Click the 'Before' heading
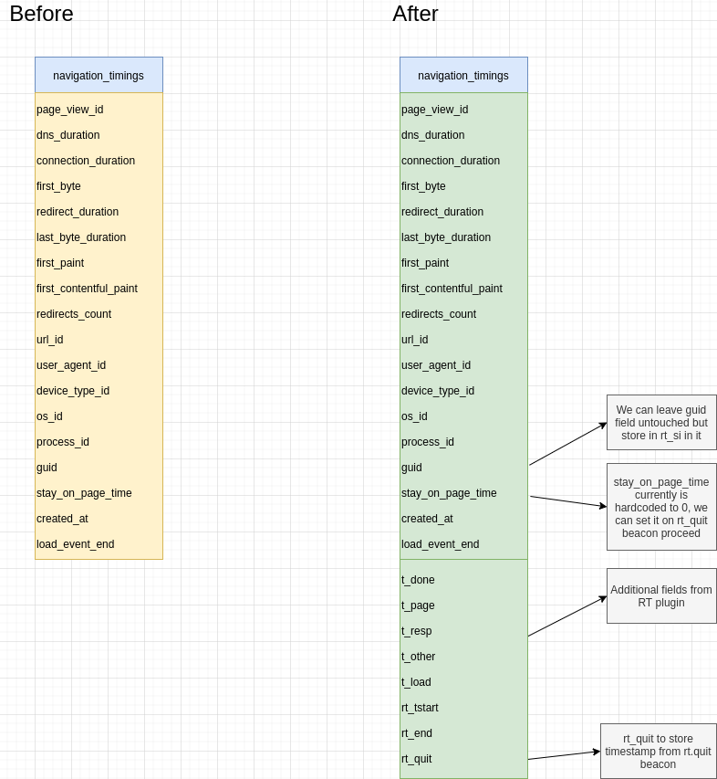tap(41, 14)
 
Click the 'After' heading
tap(415, 14)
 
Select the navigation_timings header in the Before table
tap(99, 75)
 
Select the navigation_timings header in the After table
tap(463, 75)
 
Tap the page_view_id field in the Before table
tap(70, 110)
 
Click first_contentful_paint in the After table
tap(452, 289)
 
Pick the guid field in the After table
tap(412, 468)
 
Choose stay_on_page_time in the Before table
tap(84, 493)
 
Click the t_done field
tap(418, 580)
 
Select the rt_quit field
tap(417, 759)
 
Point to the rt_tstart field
tap(420, 708)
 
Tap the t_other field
tap(419, 657)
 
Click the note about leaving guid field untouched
tap(661, 422)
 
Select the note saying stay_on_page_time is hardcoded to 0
tap(661, 507)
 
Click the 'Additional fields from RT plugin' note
tap(661, 595)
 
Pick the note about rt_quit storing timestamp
tap(659, 751)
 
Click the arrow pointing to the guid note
tap(567, 444)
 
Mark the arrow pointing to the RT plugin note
tap(567, 616)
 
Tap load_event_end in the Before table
tap(76, 544)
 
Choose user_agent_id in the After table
tap(436, 365)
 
